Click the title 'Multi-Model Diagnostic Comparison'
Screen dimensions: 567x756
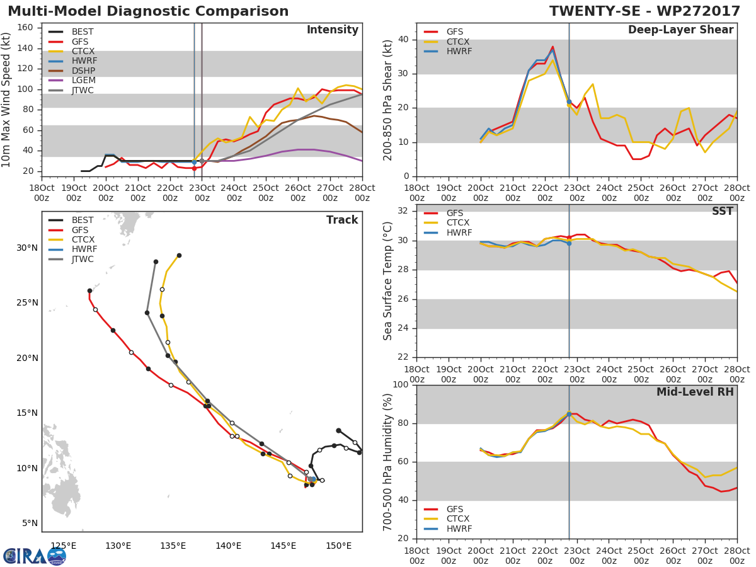[x=148, y=11]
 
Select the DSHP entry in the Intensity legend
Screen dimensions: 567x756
[x=83, y=71]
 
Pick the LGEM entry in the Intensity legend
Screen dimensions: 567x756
[x=83, y=81]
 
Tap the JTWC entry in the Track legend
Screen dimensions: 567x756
[x=83, y=259]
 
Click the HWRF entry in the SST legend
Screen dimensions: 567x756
[x=459, y=232]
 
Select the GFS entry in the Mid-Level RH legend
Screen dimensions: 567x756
[x=454, y=510]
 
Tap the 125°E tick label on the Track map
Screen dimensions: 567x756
[x=63, y=546]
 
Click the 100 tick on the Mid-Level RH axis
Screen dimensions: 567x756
[x=401, y=385]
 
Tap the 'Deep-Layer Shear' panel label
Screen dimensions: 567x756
[x=680, y=30]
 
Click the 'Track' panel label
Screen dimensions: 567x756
[x=341, y=220]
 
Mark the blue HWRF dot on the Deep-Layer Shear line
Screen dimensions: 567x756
[x=569, y=101]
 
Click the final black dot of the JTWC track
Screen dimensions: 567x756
[x=156, y=261]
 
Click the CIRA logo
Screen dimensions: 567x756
[x=34, y=556]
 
